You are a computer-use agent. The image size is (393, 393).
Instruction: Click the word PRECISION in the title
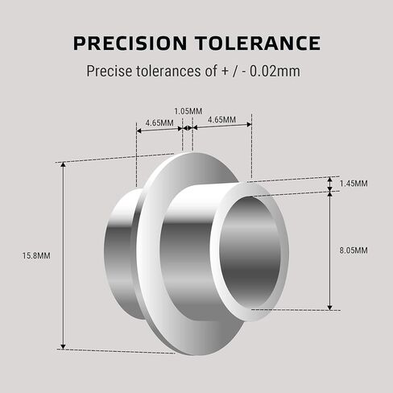(130, 43)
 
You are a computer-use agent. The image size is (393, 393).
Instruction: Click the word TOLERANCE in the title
(258, 43)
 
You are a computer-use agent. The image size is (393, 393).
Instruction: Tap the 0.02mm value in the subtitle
(275, 71)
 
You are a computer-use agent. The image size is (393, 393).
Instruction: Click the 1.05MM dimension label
(188, 111)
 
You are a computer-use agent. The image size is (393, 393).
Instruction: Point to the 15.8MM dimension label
(36, 255)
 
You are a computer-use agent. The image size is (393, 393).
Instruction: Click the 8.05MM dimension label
(354, 250)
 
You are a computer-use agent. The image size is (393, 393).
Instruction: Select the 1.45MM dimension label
(354, 184)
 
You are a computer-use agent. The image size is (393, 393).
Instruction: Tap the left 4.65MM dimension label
(159, 123)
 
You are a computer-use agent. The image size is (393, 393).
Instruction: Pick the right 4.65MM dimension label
(221, 119)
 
